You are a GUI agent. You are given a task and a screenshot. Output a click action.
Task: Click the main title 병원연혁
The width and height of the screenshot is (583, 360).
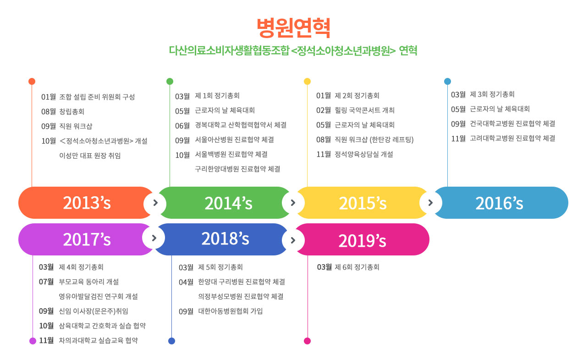coord(293,28)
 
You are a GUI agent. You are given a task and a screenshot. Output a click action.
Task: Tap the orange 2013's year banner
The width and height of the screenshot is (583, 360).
coord(86,203)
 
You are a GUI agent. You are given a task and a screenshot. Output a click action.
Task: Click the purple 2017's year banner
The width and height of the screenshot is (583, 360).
coord(86,239)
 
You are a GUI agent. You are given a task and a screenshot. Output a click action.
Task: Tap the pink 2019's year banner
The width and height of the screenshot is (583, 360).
coord(362,239)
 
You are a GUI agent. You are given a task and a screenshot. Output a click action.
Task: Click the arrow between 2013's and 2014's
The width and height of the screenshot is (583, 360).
coord(155,203)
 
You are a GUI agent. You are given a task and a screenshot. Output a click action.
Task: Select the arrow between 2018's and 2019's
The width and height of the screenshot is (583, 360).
coord(293,240)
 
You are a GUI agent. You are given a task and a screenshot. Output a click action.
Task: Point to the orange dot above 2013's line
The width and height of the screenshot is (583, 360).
coord(32,81)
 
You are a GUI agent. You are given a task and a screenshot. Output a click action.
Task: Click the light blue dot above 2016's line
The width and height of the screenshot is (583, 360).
coord(447,81)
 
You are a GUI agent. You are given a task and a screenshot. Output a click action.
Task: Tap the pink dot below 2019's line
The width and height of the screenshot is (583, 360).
coord(308,341)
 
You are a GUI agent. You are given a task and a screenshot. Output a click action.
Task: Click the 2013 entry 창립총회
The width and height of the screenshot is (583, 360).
coord(72,111)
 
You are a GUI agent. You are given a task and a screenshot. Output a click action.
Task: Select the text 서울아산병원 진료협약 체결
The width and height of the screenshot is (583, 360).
coord(234,139)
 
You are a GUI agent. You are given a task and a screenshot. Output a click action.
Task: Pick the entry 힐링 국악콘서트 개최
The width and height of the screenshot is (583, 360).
coord(364,110)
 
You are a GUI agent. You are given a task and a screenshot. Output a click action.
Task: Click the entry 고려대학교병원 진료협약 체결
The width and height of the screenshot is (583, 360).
coord(512,138)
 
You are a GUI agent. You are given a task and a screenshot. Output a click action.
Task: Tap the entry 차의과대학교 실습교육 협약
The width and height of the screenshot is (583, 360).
coord(99,340)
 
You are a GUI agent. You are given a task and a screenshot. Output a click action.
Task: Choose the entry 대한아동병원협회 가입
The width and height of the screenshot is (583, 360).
coord(231,311)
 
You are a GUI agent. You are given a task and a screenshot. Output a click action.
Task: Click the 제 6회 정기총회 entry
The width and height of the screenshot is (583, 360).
coord(357,267)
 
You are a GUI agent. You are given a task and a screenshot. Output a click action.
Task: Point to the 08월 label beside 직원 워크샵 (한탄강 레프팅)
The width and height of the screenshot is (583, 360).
coord(324,139)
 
